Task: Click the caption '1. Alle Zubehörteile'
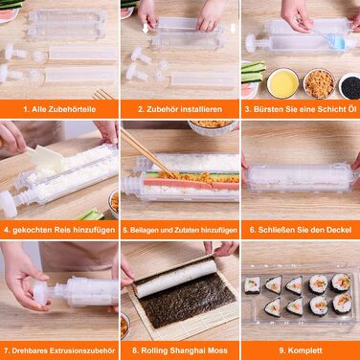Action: point(59,109)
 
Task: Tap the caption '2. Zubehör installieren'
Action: point(180,109)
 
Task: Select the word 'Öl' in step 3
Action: point(350,109)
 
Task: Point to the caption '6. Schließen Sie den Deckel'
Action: point(301,230)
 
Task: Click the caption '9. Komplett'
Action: point(301,350)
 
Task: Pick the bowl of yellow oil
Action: point(282,83)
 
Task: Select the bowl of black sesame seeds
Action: point(349,86)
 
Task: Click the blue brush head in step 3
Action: point(339,42)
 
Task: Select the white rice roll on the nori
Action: point(175,277)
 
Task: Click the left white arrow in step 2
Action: point(146,29)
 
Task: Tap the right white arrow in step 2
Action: point(233,28)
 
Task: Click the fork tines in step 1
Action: point(102,94)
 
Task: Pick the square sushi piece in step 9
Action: point(252,285)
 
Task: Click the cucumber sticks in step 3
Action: point(253,72)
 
